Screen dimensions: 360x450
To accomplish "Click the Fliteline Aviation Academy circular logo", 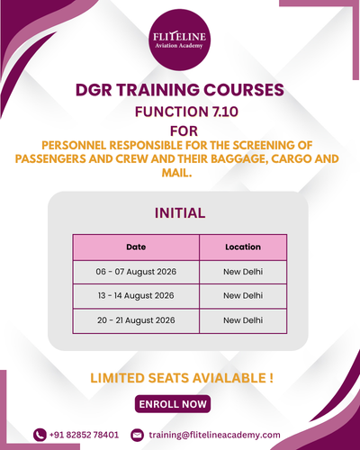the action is click(x=180, y=40).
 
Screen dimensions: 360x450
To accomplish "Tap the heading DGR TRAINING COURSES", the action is click(x=180, y=90).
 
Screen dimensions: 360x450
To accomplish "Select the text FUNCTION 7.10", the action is click(x=186, y=112).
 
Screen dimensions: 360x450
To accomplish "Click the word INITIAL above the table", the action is click(x=180, y=213).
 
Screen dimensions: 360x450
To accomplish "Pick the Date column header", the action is click(x=136, y=247).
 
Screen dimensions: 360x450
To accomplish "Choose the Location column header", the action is click(x=243, y=247).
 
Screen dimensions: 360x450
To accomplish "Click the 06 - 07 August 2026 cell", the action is click(x=136, y=272).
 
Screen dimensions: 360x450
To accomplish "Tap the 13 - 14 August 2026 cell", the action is click(x=136, y=295).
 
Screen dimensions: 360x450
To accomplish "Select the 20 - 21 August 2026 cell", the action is click(x=136, y=320).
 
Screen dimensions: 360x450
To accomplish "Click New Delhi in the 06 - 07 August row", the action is click(x=243, y=272).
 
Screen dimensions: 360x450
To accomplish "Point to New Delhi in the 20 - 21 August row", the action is click(x=243, y=320).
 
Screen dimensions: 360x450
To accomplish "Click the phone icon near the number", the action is click(x=40, y=435).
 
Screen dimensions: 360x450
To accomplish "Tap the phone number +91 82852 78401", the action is click(x=84, y=435).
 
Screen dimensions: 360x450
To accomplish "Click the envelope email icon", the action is click(x=138, y=435).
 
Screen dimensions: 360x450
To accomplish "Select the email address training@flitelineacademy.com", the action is click(x=214, y=435).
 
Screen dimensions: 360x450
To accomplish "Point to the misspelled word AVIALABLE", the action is click(x=229, y=378).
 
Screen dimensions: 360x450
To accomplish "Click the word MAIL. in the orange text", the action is click(x=176, y=173).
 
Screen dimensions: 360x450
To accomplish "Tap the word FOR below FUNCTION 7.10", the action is click(x=184, y=131).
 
